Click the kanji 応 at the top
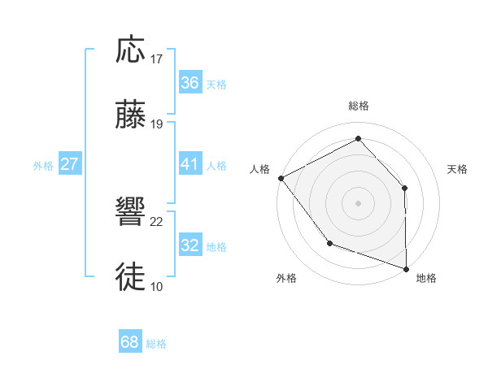(x=131, y=51)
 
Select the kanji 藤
(x=131, y=115)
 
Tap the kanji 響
(x=131, y=212)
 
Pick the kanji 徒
(x=131, y=276)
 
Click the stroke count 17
(x=157, y=59)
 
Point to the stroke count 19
(x=157, y=124)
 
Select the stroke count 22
(x=157, y=221)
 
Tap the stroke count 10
(x=157, y=286)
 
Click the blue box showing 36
(x=190, y=83)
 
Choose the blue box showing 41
(x=190, y=164)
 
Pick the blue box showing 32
(x=190, y=245)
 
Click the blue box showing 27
(x=69, y=164)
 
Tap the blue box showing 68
(x=129, y=342)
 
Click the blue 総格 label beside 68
(x=156, y=344)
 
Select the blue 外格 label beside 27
(x=43, y=166)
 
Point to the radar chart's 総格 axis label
(x=358, y=106)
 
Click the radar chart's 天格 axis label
(x=457, y=169)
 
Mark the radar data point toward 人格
(x=281, y=177)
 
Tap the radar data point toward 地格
(x=406, y=268)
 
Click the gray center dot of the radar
(x=358, y=202)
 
